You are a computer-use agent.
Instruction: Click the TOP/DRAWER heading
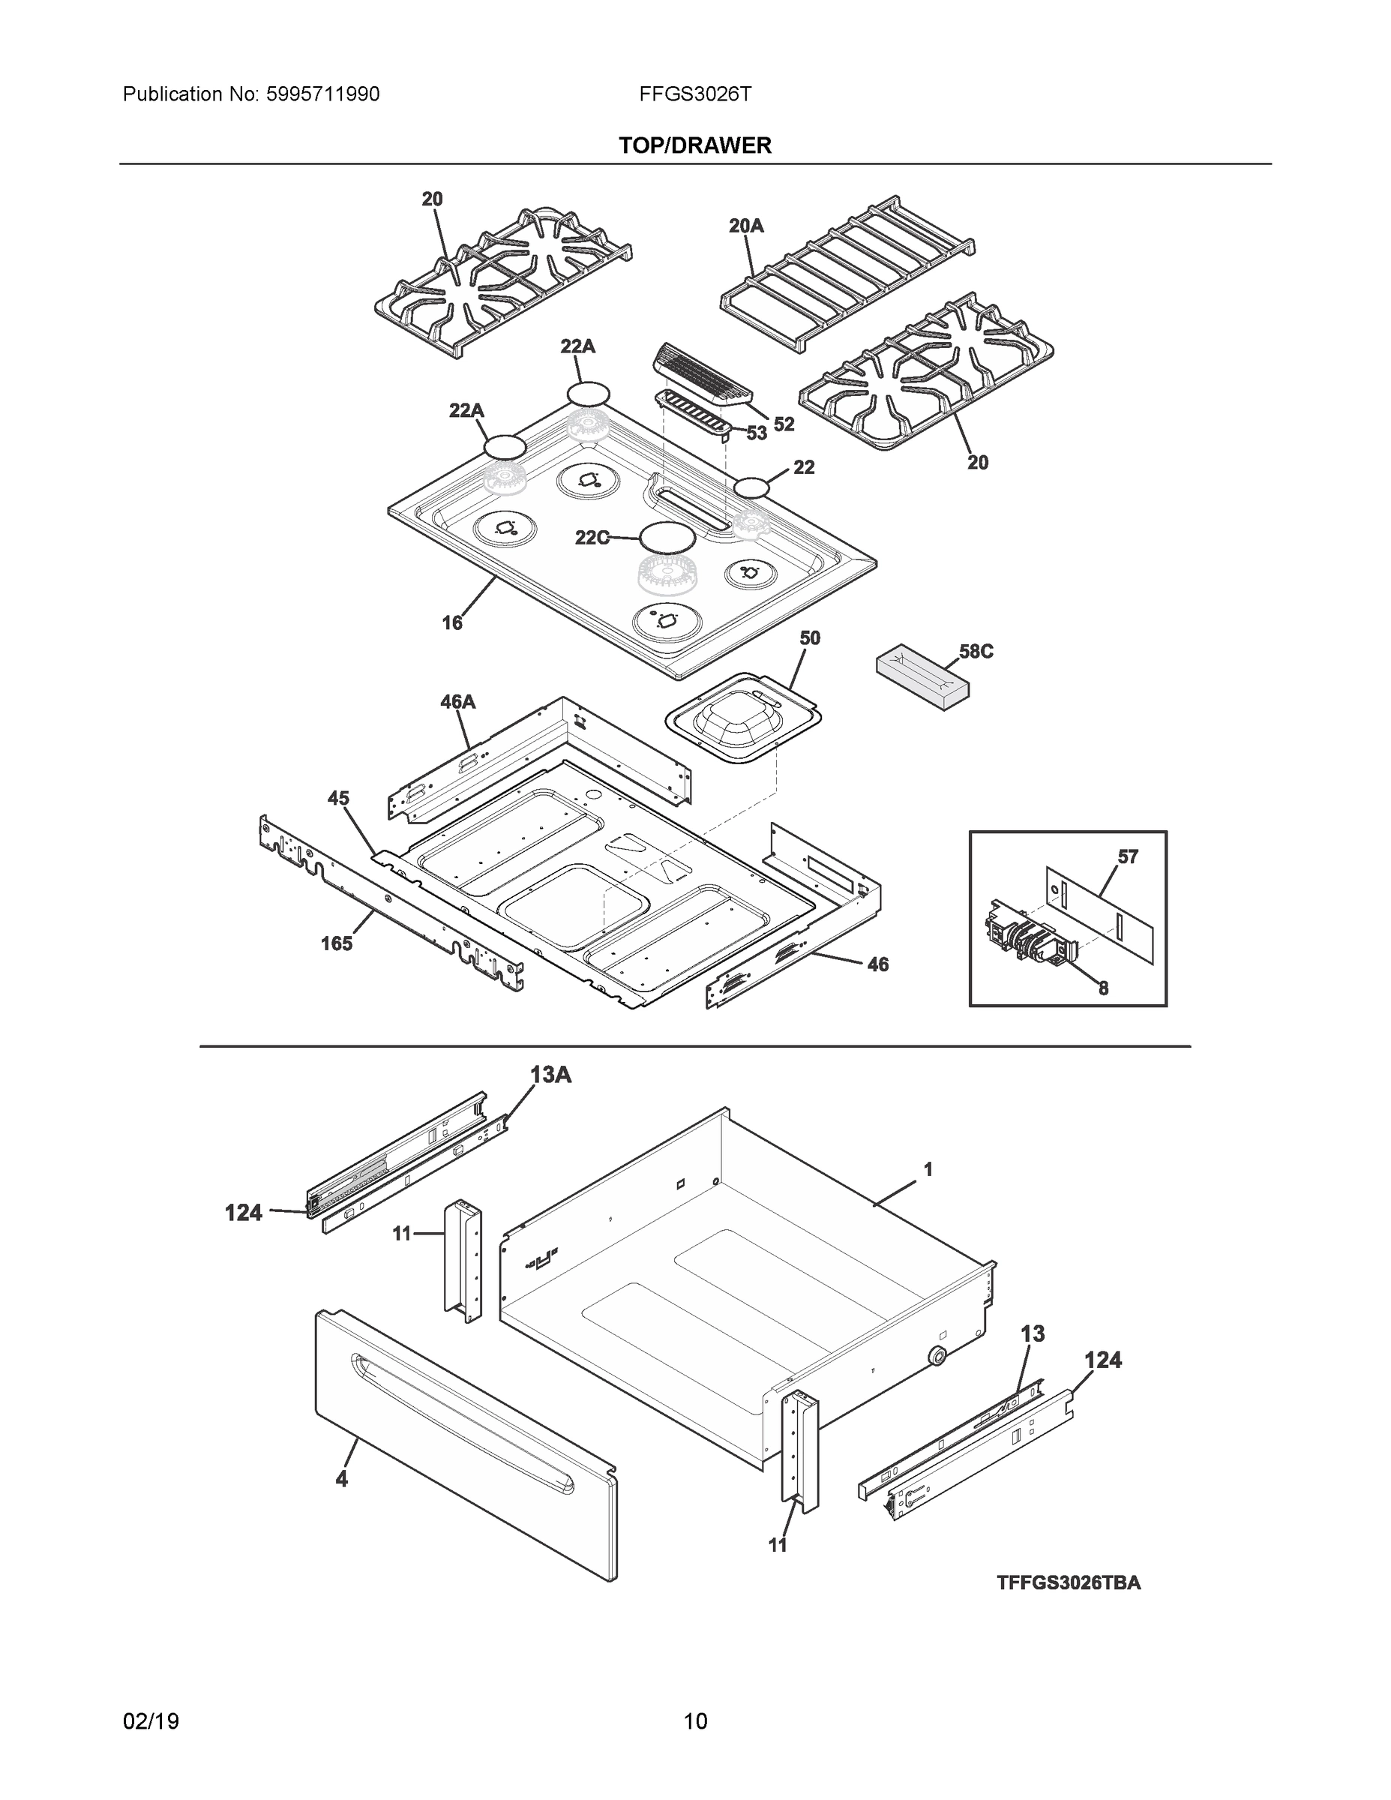694,146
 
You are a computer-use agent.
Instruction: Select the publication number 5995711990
322,94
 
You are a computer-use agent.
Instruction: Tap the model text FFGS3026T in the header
694,94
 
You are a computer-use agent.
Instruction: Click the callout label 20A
746,225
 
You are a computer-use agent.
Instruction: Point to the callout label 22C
592,538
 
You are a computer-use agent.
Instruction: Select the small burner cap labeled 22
751,488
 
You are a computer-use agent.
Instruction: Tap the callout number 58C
976,651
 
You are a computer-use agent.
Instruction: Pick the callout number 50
809,638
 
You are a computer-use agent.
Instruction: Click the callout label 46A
457,701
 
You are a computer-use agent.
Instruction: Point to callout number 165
336,943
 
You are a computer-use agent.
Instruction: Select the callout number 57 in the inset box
1127,856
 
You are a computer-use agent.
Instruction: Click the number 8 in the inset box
1102,988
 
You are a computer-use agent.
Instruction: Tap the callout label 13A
550,1075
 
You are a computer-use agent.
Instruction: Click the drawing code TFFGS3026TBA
1068,1582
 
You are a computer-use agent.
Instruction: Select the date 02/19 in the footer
151,1722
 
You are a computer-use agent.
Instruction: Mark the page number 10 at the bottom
694,1722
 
